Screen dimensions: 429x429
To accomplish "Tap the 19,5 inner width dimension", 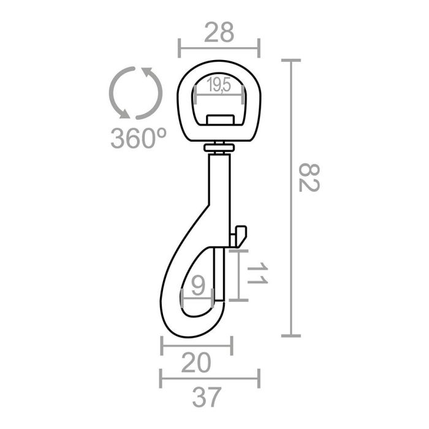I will (218, 86).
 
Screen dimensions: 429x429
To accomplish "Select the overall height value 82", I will (309, 178).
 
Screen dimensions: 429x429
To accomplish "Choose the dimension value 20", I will (196, 363).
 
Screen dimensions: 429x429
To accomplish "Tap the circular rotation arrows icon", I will (135, 94).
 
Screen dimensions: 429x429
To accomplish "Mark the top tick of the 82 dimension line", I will (290, 60).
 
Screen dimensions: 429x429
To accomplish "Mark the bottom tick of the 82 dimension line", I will (290, 335).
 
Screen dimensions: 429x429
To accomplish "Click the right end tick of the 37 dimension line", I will (259, 378).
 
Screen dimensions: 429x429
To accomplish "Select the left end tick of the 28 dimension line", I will (179, 47).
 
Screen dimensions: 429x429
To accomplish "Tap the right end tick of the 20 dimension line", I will (232, 345).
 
